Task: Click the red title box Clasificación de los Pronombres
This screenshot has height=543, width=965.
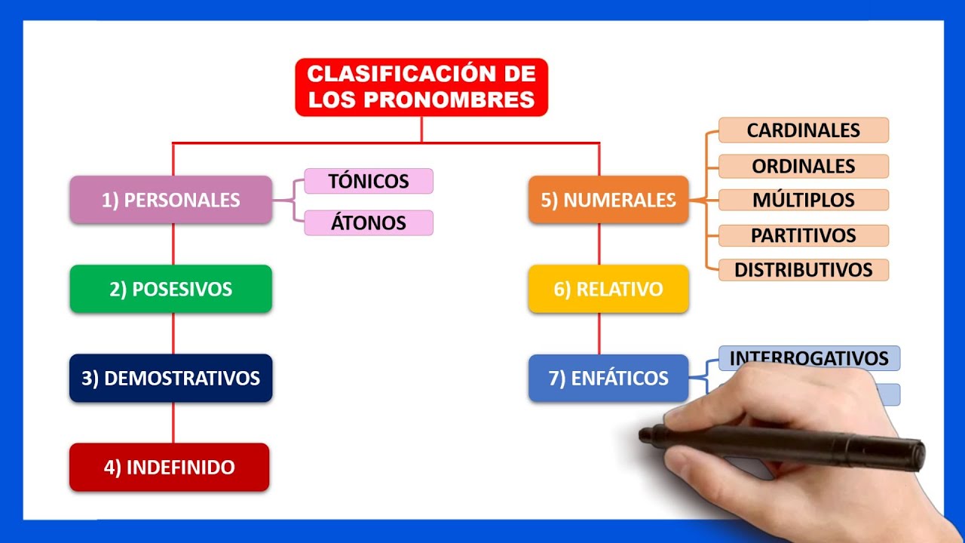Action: (x=421, y=87)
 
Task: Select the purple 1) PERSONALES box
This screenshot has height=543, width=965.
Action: (x=170, y=200)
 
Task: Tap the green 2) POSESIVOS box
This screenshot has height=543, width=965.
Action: (x=170, y=289)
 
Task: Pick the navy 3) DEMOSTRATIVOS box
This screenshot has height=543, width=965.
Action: (x=170, y=378)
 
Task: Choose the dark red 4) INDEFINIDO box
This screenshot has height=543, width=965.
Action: (x=169, y=467)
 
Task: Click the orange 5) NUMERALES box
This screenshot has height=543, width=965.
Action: (x=608, y=200)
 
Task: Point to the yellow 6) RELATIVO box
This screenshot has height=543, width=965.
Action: (x=608, y=289)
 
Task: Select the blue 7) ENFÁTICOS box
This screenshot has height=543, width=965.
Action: (x=608, y=378)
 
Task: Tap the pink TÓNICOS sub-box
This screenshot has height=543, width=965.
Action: (x=369, y=181)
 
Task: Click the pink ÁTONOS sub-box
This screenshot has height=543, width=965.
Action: (x=369, y=222)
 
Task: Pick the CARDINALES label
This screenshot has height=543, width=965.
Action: (x=804, y=130)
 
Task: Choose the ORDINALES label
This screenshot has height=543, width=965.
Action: (x=804, y=166)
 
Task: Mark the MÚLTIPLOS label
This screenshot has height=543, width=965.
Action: (x=804, y=200)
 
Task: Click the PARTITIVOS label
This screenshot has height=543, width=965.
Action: (x=804, y=235)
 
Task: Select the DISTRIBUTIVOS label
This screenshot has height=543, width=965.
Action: (x=804, y=269)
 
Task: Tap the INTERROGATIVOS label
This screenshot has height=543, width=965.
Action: (x=809, y=357)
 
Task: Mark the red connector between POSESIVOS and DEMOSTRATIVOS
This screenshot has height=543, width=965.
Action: (x=173, y=333)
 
